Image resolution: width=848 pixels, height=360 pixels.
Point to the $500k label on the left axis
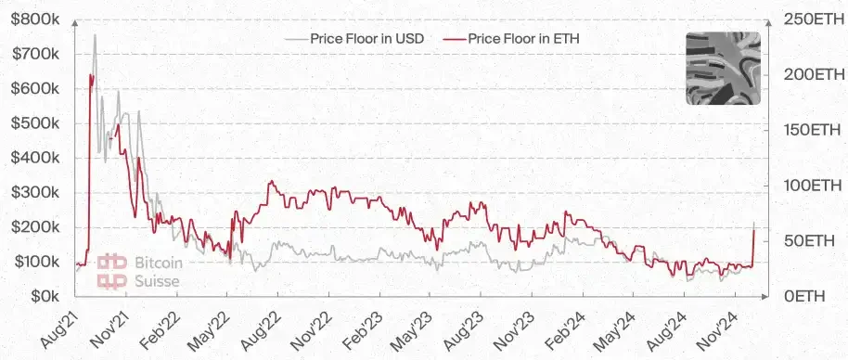[35, 123]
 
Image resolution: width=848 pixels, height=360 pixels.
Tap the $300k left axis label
[35, 192]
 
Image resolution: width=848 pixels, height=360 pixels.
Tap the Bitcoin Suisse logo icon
[113, 270]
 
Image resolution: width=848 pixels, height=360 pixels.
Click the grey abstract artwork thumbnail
[722, 68]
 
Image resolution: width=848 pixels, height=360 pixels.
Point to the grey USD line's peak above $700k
[95, 35]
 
